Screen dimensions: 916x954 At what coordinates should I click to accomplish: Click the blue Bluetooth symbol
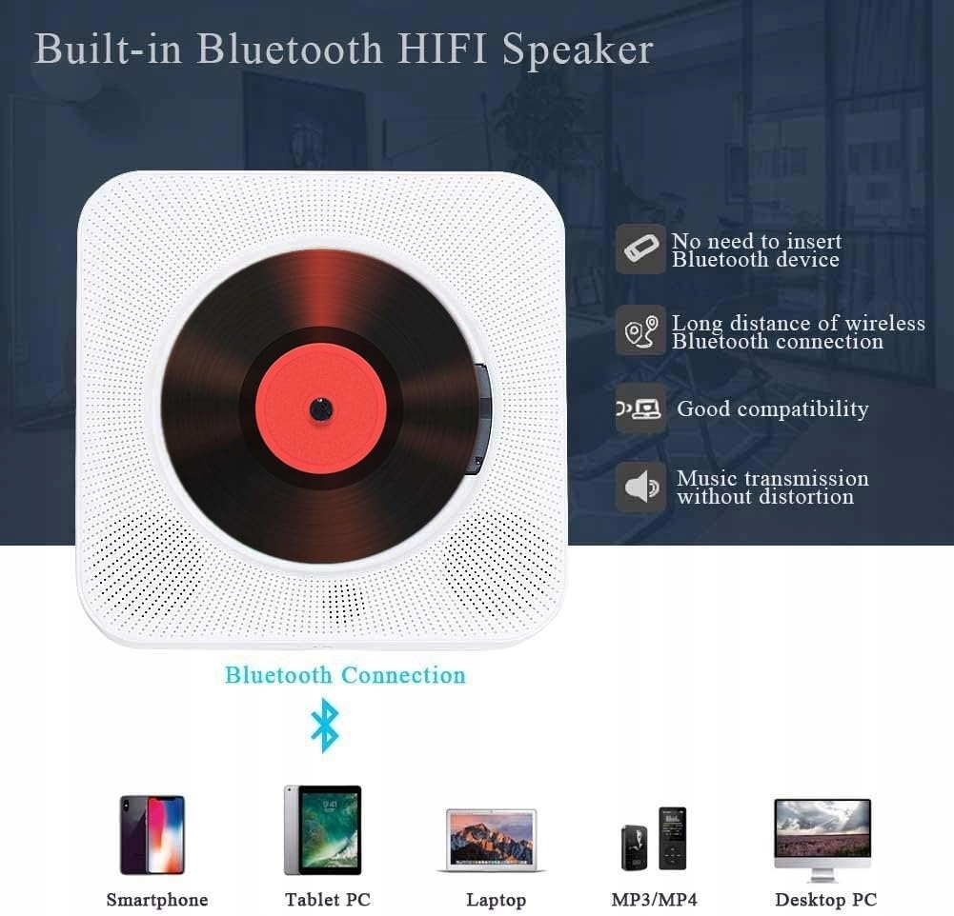coord(325,725)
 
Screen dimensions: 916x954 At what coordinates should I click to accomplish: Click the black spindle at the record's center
coord(320,409)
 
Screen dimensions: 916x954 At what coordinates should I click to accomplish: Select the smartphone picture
coord(152,834)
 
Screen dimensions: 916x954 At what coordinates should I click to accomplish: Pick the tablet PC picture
coord(323,829)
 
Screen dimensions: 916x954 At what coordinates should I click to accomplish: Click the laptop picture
coord(492,840)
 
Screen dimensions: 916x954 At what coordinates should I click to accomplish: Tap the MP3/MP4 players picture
coord(655,839)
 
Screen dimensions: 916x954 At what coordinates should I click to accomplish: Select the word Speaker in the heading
coord(578,50)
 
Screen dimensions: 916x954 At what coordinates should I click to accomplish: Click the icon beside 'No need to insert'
coord(639,249)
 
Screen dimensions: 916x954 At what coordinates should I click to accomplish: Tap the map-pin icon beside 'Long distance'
coord(639,331)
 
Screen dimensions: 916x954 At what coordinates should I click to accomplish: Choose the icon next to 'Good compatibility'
coord(639,409)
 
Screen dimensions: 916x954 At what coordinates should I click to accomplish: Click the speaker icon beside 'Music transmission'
coord(639,488)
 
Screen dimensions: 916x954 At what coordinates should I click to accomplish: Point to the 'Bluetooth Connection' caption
coord(345,675)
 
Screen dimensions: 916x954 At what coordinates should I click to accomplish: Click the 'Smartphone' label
coord(156,900)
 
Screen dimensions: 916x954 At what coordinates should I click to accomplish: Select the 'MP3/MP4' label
coord(654,900)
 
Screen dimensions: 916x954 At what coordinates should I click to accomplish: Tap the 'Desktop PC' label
coord(825,900)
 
